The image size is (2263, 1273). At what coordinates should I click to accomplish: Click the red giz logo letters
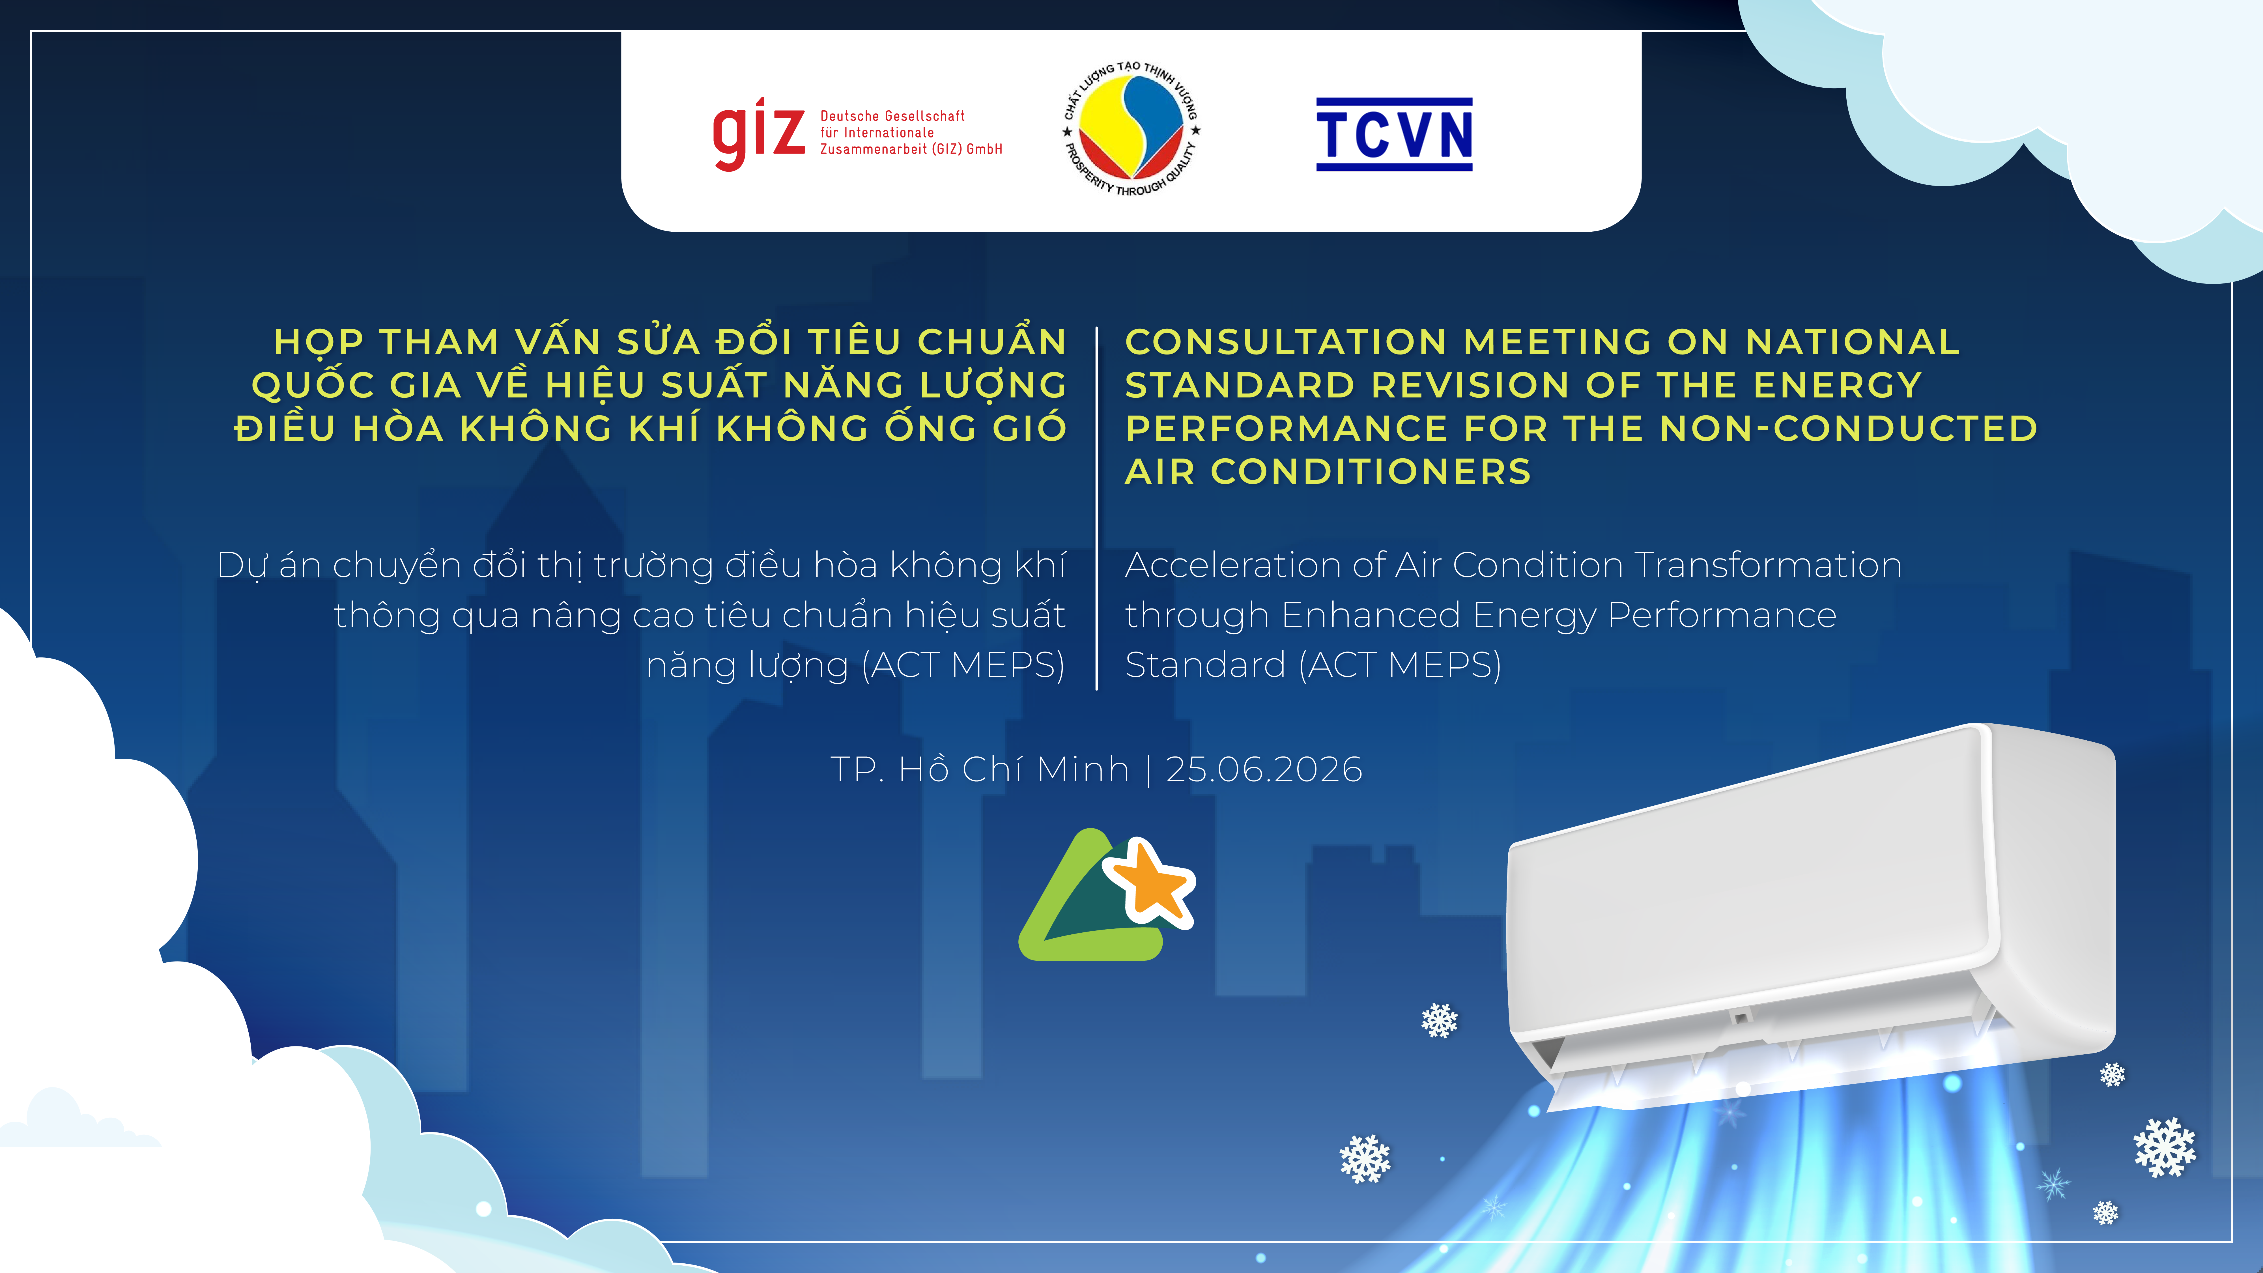[758, 134]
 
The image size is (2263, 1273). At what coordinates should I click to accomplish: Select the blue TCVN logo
[1394, 134]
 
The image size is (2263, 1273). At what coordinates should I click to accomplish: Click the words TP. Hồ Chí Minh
[980, 769]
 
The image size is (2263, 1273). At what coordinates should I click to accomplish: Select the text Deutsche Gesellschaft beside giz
[892, 116]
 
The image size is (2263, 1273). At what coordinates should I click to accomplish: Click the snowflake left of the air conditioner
[1439, 1020]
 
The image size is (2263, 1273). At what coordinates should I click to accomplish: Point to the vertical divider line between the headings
[1096, 508]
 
